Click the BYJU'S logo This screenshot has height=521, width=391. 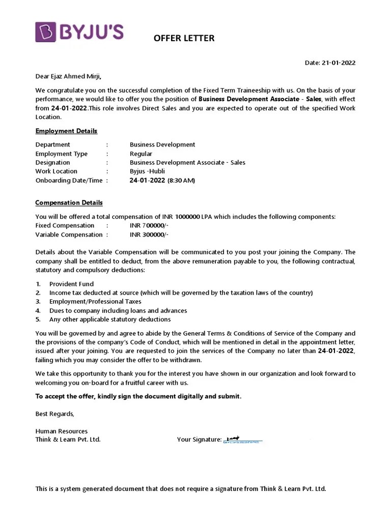(x=79, y=32)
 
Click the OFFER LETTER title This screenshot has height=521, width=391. (x=184, y=38)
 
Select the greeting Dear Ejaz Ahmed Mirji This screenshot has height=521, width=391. (x=68, y=77)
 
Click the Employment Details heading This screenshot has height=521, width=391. (x=66, y=131)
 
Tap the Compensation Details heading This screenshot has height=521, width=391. (x=69, y=202)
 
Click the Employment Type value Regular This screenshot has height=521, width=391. (x=141, y=154)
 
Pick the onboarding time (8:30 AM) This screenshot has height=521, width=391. (x=181, y=181)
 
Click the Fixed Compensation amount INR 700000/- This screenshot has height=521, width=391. (x=149, y=225)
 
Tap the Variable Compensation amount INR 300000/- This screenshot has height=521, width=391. (x=149, y=235)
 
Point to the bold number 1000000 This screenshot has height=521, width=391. (x=187, y=217)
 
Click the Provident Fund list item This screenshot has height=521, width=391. (x=71, y=284)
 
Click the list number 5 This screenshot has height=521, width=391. (x=38, y=320)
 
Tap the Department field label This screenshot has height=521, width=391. (x=53, y=144)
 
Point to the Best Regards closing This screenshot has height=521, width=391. (x=54, y=414)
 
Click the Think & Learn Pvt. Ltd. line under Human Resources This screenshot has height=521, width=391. (x=68, y=440)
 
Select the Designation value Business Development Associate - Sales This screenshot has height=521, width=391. (x=187, y=163)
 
